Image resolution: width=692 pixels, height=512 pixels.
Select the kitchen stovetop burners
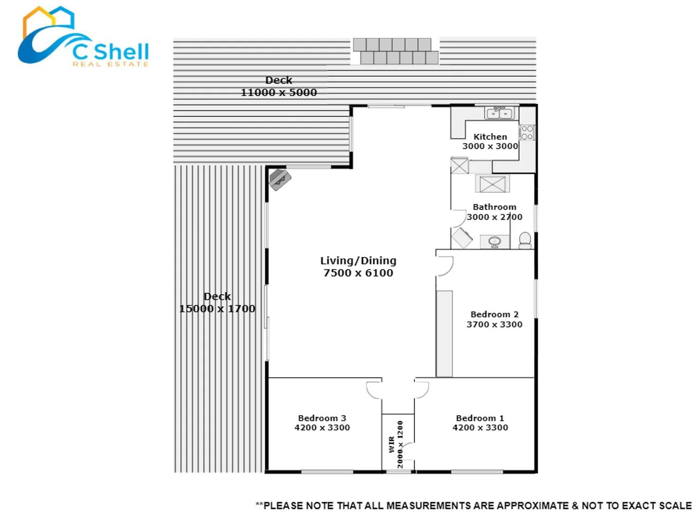coord(527,132)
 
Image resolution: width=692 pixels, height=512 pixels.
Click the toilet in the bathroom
coord(525,240)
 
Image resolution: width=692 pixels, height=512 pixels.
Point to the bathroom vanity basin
coord(495,242)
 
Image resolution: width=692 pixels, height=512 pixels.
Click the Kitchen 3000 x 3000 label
coord(490,141)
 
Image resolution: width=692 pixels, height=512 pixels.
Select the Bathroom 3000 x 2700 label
coord(495,212)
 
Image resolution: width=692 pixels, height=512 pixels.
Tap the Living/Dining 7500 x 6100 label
coord(358,266)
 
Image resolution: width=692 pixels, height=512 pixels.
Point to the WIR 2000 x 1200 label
coord(396,444)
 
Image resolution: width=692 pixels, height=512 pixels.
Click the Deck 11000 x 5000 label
coord(278,86)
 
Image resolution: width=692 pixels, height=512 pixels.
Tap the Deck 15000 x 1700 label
coord(217,302)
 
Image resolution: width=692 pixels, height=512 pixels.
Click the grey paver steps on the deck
coord(396,51)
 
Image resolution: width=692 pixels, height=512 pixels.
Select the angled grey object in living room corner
coord(280,180)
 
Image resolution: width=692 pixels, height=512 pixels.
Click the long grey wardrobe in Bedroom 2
coord(444,334)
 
